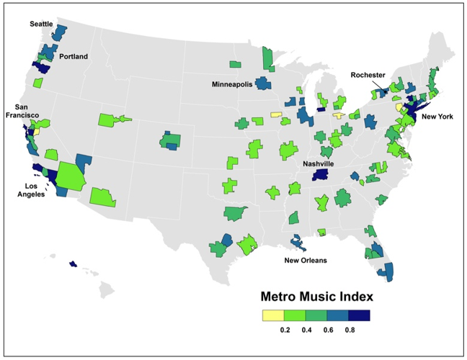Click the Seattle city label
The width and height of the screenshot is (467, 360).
[42, 24]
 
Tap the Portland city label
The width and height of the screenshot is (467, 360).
[74, 56]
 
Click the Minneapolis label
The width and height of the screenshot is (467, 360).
[232, 84]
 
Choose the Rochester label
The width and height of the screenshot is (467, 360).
[368, 75]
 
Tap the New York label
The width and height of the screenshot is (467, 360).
[437, 117]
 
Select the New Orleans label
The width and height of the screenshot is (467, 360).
[306, 260]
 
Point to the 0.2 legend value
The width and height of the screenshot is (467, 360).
[285, 329]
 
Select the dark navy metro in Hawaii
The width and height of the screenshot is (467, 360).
[73, 264]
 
